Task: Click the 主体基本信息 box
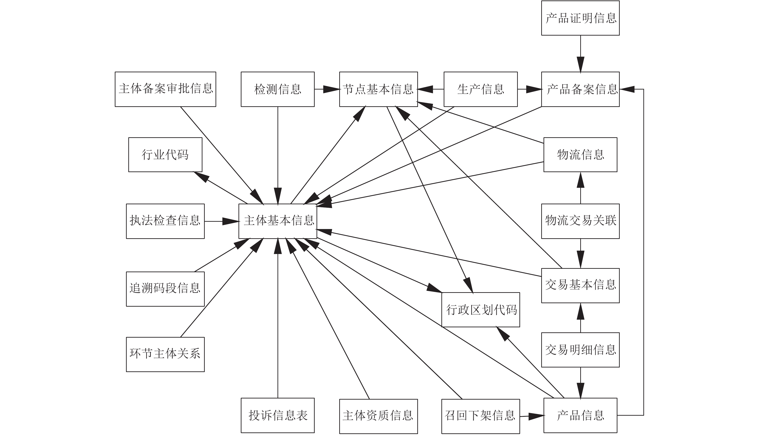pos(278,221)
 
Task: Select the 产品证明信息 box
pos(580,18)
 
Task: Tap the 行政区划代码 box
pos(481,310)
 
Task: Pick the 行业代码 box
pos(165,155)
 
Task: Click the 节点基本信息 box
pos(378,89)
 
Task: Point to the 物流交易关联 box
pos(580,221)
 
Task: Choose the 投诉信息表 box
pos(278,415)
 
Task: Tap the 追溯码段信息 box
pos(165,289)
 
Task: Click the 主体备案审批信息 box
pos(165,89)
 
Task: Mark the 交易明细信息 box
pos(580,350)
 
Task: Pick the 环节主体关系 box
pos(165,354)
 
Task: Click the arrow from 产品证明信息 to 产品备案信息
pos(580,54)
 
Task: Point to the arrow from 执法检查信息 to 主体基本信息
pos(222,221)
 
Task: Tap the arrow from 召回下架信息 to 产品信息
pos(532,416)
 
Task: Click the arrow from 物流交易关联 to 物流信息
pos(580,188)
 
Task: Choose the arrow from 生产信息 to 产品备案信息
pos(530,89)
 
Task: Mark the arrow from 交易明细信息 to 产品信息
pos(580,383)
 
